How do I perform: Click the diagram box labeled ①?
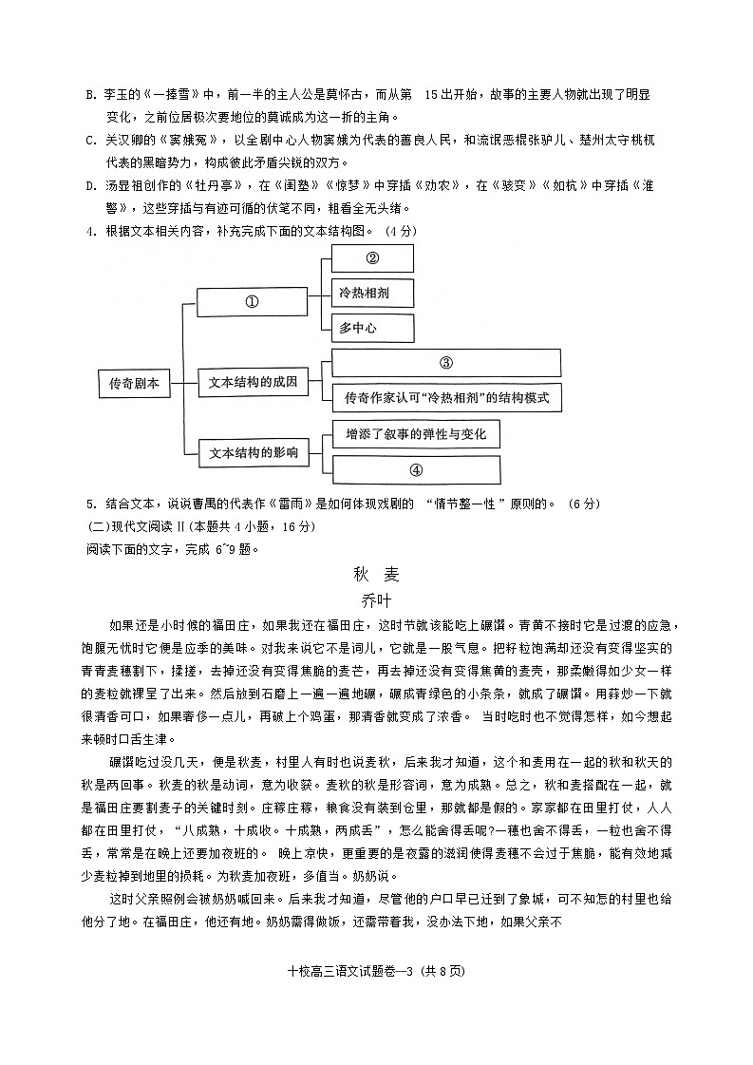coord(252,302)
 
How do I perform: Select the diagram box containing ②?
coord(372,258)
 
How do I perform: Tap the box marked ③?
coord(445,363)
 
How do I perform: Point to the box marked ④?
coord(416,469)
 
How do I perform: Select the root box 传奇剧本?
coord(134,383)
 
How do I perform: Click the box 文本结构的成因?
coord(253,383)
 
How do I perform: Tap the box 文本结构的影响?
coord(253,453)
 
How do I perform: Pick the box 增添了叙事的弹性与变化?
coord(416,434)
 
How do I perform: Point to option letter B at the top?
coord(90,95)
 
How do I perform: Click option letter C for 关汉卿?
coord(90,141)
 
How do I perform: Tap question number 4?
coord(90,231)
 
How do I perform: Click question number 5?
coord(90,504)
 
